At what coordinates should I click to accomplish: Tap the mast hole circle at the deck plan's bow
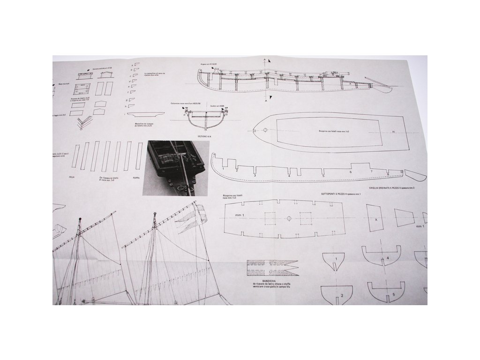(265, 130)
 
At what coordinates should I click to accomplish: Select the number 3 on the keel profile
(255, 175)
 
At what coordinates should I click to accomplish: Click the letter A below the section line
(265, 101)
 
